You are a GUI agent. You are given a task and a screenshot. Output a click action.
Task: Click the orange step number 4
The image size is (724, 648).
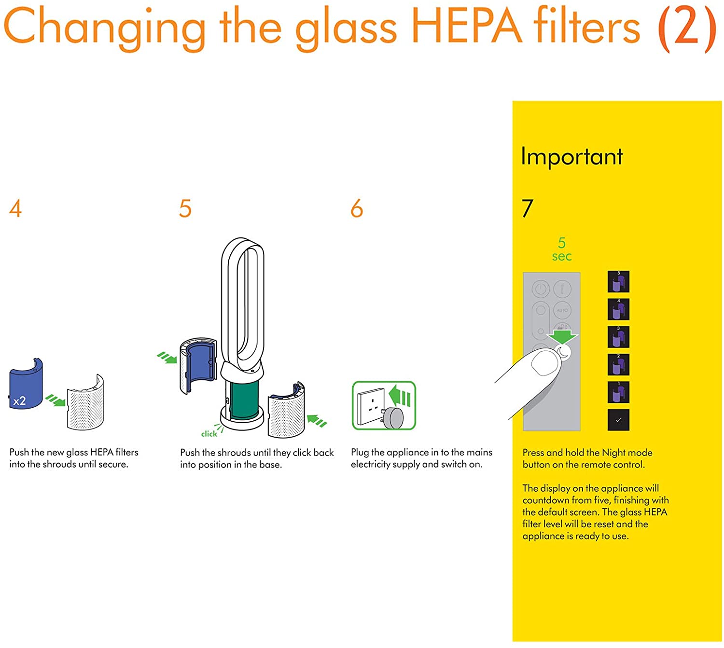[x=15, y=208]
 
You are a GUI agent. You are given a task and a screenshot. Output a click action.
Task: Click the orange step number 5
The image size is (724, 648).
[x=185, y=208]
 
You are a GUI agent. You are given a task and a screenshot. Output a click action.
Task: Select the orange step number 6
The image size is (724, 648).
[x=357, y=208]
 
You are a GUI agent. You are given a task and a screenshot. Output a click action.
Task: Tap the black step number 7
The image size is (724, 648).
[x=528, y=208]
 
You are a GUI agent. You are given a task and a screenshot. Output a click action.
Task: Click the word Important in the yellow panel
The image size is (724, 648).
[x=572, y=157]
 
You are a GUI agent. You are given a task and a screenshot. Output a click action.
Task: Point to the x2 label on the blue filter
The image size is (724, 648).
[x=20, y=401]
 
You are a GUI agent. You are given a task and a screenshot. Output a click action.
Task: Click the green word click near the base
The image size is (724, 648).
[x=209, y=434]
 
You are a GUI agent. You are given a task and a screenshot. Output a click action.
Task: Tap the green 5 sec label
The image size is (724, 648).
[x=562, y=249]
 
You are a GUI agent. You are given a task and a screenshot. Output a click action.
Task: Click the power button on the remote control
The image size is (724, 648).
[x=541, y=290]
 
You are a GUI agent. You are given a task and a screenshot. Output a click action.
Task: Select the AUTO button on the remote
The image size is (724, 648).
[x=562, y=310]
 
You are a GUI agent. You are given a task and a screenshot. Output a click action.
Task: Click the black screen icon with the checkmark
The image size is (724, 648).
[x=618, y=420]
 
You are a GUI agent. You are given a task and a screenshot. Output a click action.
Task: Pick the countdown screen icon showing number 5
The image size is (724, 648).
[x=618, y=281]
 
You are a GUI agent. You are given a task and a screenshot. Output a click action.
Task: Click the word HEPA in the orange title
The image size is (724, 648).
[x=466, y=27]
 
